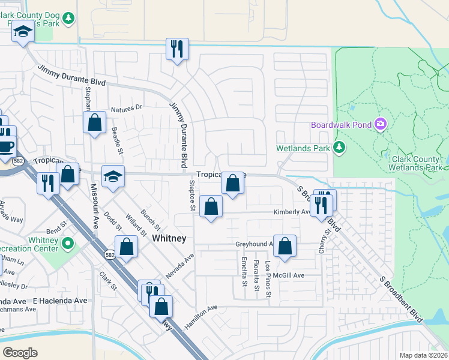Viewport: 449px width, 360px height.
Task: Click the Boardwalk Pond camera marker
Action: tap(379, 124)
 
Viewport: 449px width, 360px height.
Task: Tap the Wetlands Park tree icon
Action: tap(339, 148)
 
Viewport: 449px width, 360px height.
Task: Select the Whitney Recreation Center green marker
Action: tap(68, 244)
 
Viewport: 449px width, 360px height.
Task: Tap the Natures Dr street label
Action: tap(125, 108)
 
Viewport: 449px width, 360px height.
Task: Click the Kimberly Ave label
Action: tap(291, 212)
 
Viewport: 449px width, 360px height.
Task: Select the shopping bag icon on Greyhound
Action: tap(285, 245)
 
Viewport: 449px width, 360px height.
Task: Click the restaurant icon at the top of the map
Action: tap(177, 49)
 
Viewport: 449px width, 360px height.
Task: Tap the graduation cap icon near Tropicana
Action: tap(112, 176)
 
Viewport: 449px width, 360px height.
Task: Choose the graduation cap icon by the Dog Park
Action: tap(23, 31)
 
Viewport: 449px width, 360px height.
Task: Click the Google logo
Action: tap(20, 352)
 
